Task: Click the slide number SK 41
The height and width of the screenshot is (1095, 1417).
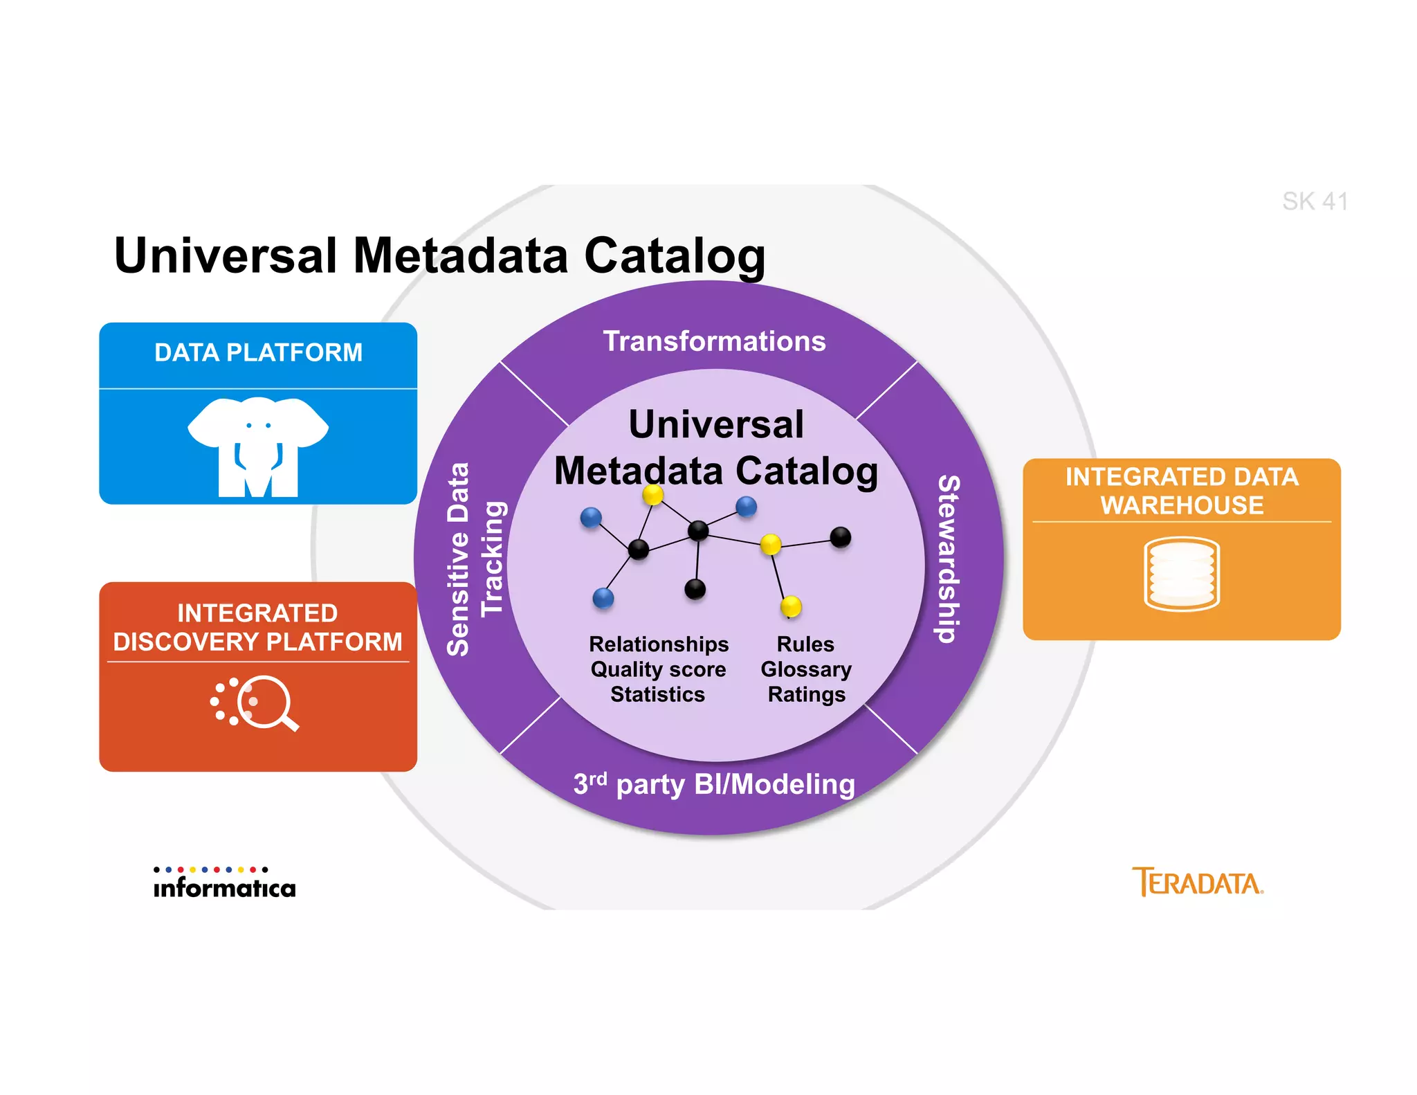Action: click(x=1314, y=201)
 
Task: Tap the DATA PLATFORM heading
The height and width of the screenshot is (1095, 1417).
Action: click(x=258, y=352)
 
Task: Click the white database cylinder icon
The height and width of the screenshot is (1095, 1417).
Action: click(x=1181, y=574)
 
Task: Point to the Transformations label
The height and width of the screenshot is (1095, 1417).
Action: click(x=714, y=341)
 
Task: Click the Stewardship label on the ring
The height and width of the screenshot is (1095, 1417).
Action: click(x=948, y=559)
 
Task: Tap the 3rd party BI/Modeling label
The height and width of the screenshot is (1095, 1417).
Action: click(x=714, y=784)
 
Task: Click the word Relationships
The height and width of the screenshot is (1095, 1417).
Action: click(x=658, y=644)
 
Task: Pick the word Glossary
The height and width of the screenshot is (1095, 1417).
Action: click(x=806, y=669)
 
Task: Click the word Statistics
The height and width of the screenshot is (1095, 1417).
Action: click(x=657, y=694)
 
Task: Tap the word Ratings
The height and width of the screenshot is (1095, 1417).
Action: click(x=806, y=694)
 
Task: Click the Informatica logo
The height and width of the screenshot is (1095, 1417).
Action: click(x=224, y=883)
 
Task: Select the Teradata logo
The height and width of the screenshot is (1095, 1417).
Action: click(x=1198, y=883)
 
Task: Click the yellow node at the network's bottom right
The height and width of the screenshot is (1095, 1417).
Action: click(x=791, y=606)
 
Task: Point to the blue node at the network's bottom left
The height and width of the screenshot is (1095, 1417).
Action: click(x=603, y=597)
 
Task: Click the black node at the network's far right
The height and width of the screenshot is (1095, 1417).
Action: click(x=840, y=536)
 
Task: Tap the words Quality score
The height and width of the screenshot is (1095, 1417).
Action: click(x=658, y=669)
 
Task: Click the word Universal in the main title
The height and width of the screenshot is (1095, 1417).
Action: click(x=226, y=256)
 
